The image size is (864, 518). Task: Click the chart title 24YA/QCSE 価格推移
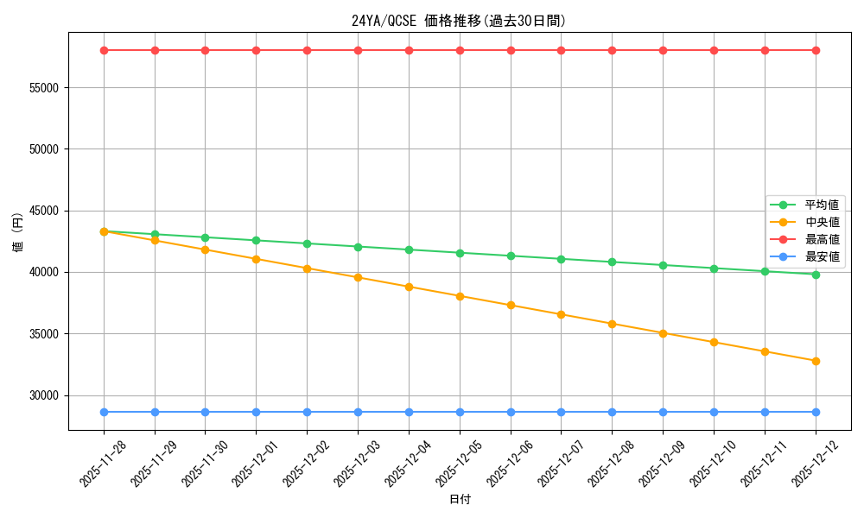[459, 21]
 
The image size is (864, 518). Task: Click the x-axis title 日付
[460, 500]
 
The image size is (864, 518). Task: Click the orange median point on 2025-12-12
[816, 361]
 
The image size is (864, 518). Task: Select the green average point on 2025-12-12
[816, 275]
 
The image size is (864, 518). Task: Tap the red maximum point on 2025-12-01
[256, 50]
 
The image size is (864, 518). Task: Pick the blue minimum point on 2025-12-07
[561, 412]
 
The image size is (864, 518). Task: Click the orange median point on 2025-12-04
[409, 287]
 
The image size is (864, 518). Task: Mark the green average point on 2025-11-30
[205, 237]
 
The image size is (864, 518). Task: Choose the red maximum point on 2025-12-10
[714, 50]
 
